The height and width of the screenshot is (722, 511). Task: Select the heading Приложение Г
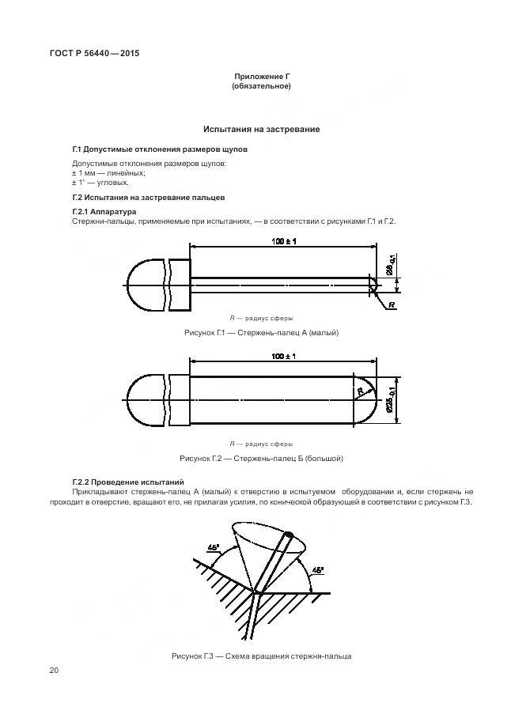[x=260, y=75]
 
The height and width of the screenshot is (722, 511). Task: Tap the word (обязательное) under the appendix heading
[x=260, y=85]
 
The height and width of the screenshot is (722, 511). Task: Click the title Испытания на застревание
[x=261, y=128]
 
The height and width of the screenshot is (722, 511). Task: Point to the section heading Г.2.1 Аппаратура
[x=104, y=212]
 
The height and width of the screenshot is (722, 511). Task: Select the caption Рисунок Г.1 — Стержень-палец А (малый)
[x=260, y=333]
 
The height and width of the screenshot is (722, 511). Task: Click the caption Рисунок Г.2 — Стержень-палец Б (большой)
[x=260, y=458]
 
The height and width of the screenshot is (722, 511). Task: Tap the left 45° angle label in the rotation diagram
[x=214, y=547]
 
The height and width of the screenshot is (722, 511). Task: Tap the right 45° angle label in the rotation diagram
[x=316, y=569]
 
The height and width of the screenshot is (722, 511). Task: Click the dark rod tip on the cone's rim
[x=289, y=535]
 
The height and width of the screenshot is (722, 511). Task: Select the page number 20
[x=53, y=671]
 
